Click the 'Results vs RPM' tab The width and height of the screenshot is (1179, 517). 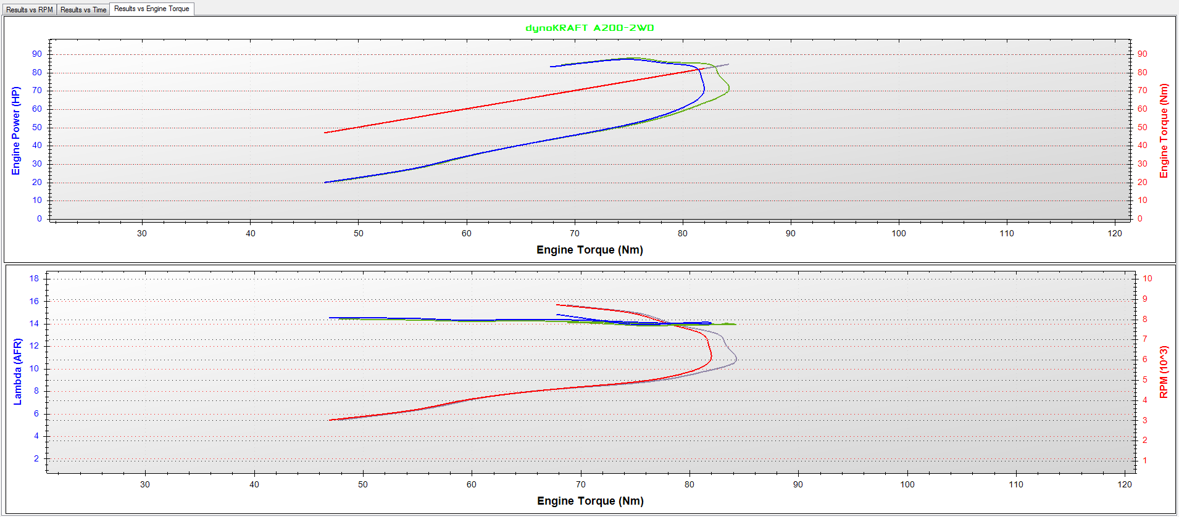pyautogui.click(x=30, y=9)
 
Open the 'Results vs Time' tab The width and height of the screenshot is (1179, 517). pyautogui.click(x=83, y=9)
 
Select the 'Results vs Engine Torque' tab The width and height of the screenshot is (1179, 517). pyautogui.click(x=151, y=9)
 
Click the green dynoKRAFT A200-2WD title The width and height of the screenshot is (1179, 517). pyautogui.click(x=589, y=28)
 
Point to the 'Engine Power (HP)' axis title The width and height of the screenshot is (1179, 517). pyautogui.click(x=16, y=131)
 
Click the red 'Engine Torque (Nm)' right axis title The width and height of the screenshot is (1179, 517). pyautogui.click(x=1164, y=131)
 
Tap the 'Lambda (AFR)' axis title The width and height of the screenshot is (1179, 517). pyautogui.click(x=17, y=371)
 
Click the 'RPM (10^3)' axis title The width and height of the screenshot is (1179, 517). pyautogui.click(x=1164, y=371)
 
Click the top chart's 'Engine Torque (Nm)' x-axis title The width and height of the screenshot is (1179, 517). pyautogui.click(x=589, y=250)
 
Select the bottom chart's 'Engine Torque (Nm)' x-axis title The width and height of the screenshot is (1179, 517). pyautogui.click(x=590, y=501)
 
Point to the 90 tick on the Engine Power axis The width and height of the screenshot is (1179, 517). pyautogui.click(x=37, y=54)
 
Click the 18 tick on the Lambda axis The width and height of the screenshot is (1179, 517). pyautogui.click(x=34, y=279)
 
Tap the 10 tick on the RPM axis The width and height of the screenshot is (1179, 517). pyautogui.click(x=1147, y=279)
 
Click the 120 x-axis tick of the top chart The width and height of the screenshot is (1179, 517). pyautogui.click(x=1115, y=233)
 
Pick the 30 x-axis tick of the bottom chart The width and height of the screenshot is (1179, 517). pyautogui.click(x=145, y=484)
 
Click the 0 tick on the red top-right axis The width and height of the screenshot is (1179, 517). pyautogui.click(x=1140, y=218)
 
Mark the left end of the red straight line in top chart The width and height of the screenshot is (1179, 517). pyautogui.click(x=325, y=133)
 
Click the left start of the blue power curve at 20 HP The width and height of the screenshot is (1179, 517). pyautogui.click(x=325, y=182)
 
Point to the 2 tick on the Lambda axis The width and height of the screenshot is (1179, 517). pyautogui.click(x=36, y=458)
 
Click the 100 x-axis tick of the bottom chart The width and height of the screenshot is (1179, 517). pyautogui.click(x=907, y=484)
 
